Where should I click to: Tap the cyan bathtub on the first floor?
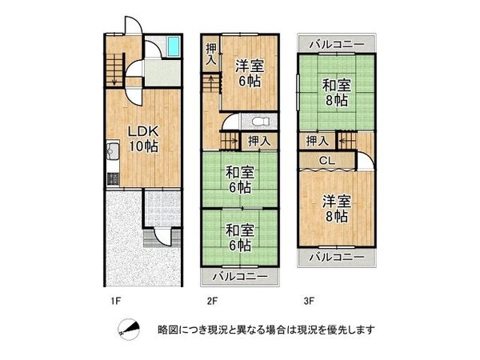coord(174,47)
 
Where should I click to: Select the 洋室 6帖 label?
coord(249,74)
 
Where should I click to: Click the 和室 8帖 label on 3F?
coord(336,91)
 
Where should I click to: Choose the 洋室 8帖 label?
coord(336,206)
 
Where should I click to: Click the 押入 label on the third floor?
coord(317,141)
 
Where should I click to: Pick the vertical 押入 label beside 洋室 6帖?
coord(210,55)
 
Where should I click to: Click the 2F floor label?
coord(211,302)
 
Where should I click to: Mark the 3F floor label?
coord(308,302)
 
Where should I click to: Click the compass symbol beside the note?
coord(128,328)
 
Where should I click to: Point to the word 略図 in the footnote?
coord(167,329)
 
